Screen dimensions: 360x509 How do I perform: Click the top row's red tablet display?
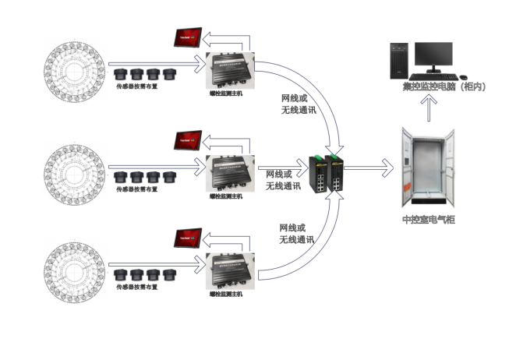(189, 37)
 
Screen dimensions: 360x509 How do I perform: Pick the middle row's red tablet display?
(189, 139)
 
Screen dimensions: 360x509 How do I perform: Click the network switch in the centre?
(327, 173)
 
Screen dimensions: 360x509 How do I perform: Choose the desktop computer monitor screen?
(433, 54)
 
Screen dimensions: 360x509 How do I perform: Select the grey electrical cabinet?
(426, 167)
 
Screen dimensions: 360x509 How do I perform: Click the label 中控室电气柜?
(429, 221)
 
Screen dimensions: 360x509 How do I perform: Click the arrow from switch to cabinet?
(376, 167)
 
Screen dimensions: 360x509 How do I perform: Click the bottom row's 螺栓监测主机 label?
(226, 295)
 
